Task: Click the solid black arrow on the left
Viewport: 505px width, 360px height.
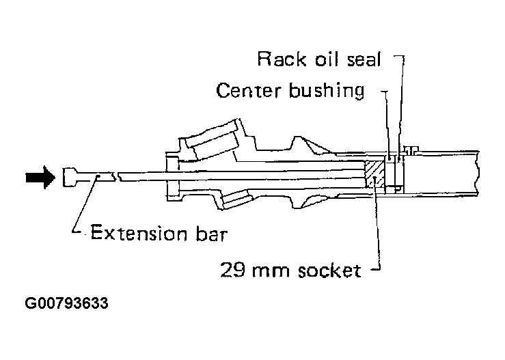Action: tap(40, 178)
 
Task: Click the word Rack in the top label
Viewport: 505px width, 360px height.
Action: tap(282, 59)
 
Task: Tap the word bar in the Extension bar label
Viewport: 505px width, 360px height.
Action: tap(212, 232)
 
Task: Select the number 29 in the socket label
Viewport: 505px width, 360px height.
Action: tap(232, 270)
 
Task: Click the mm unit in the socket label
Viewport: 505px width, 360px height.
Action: tap(271, 271)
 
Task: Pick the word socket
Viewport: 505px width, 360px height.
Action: tap(329, 271)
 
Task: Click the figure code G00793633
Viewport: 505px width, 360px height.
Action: tap(67, 303)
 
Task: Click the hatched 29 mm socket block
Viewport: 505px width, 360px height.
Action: tap(374, 174)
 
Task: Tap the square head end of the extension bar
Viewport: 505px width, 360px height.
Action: tap(70, 177)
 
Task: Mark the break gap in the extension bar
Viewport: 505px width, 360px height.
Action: tap(117, 176)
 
